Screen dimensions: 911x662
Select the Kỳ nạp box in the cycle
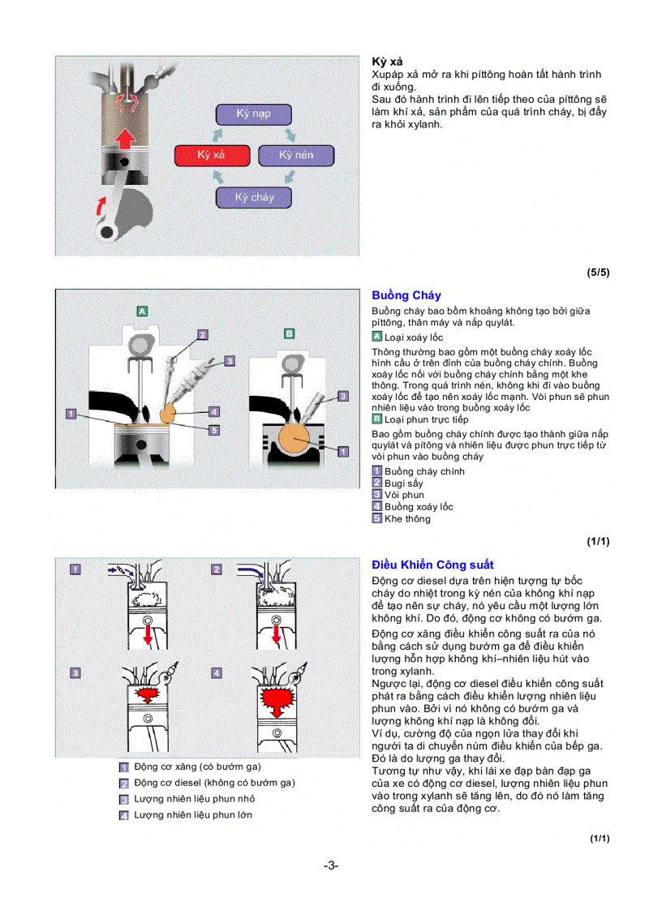253,114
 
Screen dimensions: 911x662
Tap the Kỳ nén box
296,155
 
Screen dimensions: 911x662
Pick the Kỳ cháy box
253,197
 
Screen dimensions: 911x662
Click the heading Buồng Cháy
406,295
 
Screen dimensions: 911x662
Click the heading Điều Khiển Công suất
432,565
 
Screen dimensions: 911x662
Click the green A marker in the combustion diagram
141,311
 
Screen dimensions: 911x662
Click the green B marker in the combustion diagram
289,333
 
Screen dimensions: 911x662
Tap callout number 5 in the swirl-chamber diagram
214,431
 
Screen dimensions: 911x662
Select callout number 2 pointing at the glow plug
203,333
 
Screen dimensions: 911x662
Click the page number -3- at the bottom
331,865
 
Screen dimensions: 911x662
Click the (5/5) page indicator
598,273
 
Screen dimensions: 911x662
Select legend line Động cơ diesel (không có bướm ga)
214,783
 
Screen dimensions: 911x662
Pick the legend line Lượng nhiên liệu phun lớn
192,814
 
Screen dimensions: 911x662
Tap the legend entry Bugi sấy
403,483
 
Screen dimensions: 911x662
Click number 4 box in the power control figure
217,673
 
